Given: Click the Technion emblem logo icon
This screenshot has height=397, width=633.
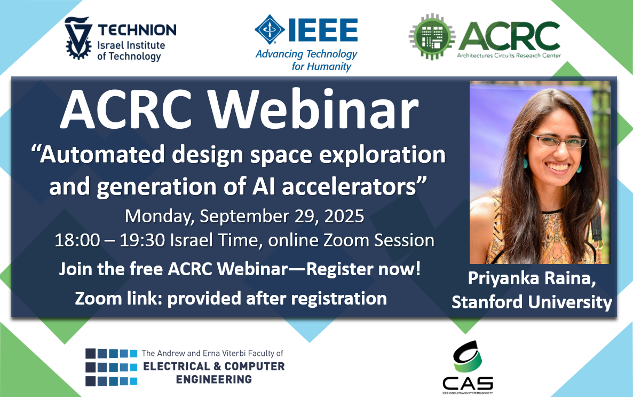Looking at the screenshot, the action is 77,38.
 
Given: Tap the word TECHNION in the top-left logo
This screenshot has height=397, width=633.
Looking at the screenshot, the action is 137,30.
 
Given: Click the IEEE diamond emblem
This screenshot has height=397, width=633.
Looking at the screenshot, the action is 270,29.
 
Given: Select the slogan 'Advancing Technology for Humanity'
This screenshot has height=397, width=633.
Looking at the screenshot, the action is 306,60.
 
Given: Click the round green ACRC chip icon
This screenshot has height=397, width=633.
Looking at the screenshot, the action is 432,37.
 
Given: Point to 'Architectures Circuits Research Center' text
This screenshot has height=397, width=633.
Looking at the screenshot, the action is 509,56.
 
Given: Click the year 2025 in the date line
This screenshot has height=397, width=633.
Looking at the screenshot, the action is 344,216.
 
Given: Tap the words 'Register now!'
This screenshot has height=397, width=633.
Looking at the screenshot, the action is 363,269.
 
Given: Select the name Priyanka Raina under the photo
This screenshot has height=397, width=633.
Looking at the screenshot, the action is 532,279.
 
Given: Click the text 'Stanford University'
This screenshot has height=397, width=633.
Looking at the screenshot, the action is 532,302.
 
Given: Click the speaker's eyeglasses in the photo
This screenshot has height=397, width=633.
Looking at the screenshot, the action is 558,141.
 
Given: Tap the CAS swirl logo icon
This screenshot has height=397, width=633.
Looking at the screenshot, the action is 468,356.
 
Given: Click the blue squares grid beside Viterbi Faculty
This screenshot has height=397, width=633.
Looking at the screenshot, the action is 112,367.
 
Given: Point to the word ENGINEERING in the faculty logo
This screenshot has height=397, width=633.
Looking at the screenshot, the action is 214,379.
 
